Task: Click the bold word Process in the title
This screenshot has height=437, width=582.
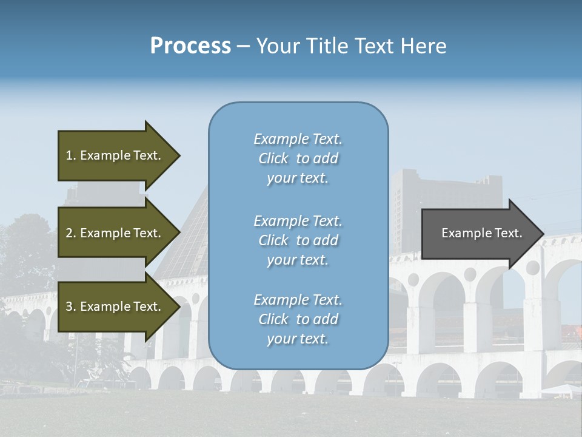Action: point(190,46)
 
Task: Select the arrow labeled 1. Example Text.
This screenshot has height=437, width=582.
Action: point(115,155)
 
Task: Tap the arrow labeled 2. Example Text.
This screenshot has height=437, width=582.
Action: point(115,233)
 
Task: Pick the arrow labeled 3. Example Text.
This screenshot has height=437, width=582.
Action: point(115,307)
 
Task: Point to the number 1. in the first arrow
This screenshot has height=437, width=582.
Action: point(71,155)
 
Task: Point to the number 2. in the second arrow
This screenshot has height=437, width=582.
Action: point(71,233)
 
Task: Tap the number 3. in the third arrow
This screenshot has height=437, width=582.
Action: point(71,307)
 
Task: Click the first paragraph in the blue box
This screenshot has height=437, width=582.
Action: point(298,158)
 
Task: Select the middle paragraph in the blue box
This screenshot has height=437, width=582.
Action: point(298,240)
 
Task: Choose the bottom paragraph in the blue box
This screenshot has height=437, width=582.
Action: point(298,319)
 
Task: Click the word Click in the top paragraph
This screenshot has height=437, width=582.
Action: point(273,158)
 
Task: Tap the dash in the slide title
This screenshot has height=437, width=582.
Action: point(244,46)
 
